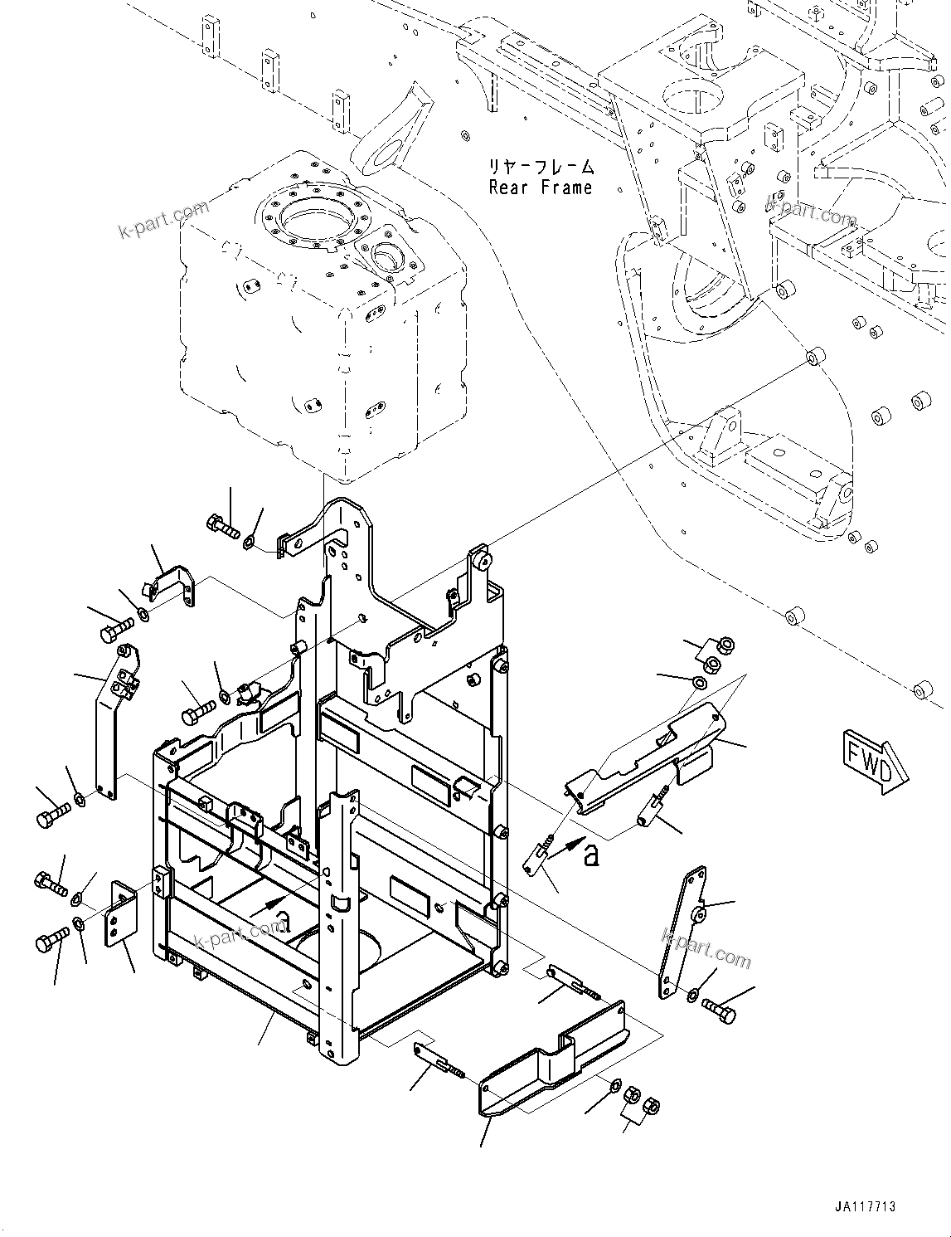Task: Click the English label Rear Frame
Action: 541,187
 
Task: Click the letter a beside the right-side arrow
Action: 590,855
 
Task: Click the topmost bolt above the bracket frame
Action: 221,524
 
